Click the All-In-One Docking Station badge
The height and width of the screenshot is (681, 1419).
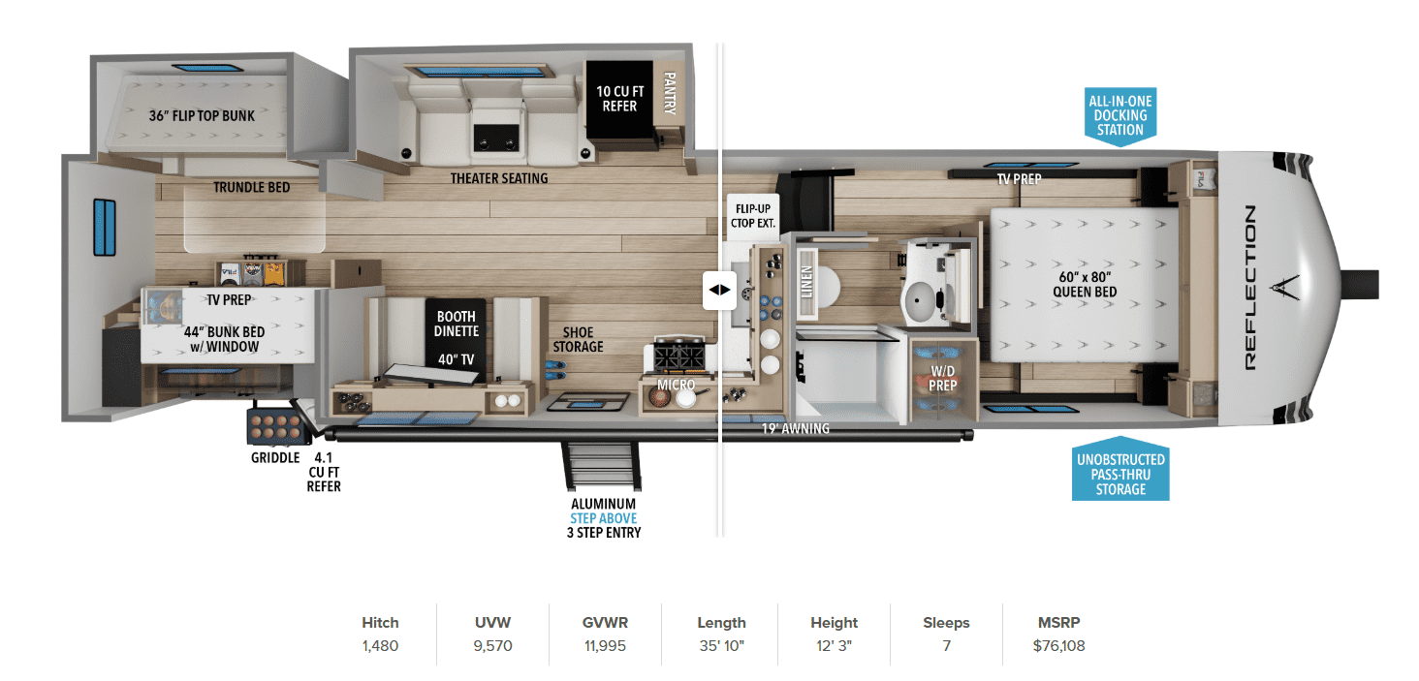[1120, 116]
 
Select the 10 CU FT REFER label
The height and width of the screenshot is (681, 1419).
[619, 99]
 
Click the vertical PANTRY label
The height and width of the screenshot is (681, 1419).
[669, 93]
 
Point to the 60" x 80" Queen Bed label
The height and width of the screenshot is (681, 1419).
[1085, 284]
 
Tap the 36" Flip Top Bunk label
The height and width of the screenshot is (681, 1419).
[202, 116]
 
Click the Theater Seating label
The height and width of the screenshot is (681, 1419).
[499, 178]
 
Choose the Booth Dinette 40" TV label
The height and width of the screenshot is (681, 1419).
[457, 337]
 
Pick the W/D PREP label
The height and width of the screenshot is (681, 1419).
[943, 379]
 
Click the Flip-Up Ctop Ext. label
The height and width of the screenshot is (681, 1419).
[752, 216]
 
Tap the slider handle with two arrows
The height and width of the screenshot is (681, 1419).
[719, 290]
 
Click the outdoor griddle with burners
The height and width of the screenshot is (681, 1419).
[276, 426]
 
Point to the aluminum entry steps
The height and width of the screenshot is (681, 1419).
[602, 465]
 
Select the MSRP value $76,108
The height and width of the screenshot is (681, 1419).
[1058, 645]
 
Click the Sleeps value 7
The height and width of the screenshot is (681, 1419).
[946, 645]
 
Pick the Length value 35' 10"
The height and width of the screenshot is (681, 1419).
[721, 645]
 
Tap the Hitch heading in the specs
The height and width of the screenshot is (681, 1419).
[380, 623]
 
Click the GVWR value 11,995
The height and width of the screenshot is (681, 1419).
[605, 645]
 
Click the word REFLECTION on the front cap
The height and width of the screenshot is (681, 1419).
[1249, 288]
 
